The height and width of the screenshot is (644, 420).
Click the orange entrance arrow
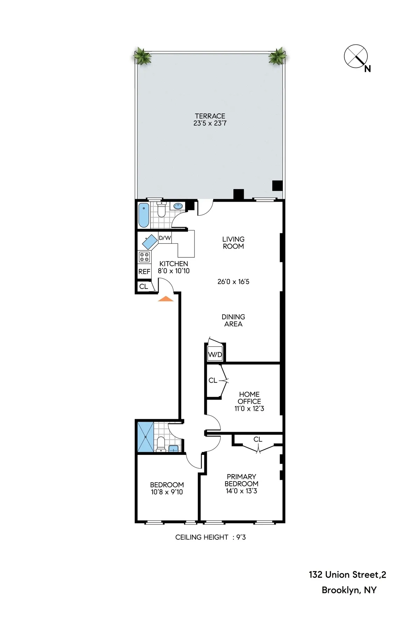click(166, 299)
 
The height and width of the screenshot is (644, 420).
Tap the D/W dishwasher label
click(165, 238)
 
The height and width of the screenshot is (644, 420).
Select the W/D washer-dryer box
click(215, 354)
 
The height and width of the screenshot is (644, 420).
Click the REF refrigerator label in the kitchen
click(144, 271)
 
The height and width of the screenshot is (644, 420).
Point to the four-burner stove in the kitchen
click(144, 257)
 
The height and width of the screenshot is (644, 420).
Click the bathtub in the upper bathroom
click(144, 215)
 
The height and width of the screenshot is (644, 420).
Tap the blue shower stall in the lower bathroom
click(145, 437)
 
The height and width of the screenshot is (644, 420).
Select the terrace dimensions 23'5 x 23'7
click(210, 123)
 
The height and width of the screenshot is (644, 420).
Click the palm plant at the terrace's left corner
click(142, 56)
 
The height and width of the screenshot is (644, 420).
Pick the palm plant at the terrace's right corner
click(277, 56)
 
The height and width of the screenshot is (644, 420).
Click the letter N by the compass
click(367, 69)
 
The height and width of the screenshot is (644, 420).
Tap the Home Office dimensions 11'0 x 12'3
click(249, 408)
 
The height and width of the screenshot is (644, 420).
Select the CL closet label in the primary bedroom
click(258, 439)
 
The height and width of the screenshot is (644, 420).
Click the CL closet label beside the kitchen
click(143, 286)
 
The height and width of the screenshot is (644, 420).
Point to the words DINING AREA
click(233, 320)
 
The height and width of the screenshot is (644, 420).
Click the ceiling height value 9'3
click(241, 537)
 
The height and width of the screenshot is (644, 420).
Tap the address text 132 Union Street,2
click(347, 575)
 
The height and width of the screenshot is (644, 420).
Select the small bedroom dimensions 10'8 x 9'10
click(167, 492)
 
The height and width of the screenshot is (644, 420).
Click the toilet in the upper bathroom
click(161, 210)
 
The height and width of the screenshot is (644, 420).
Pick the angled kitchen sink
click(150, 242)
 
